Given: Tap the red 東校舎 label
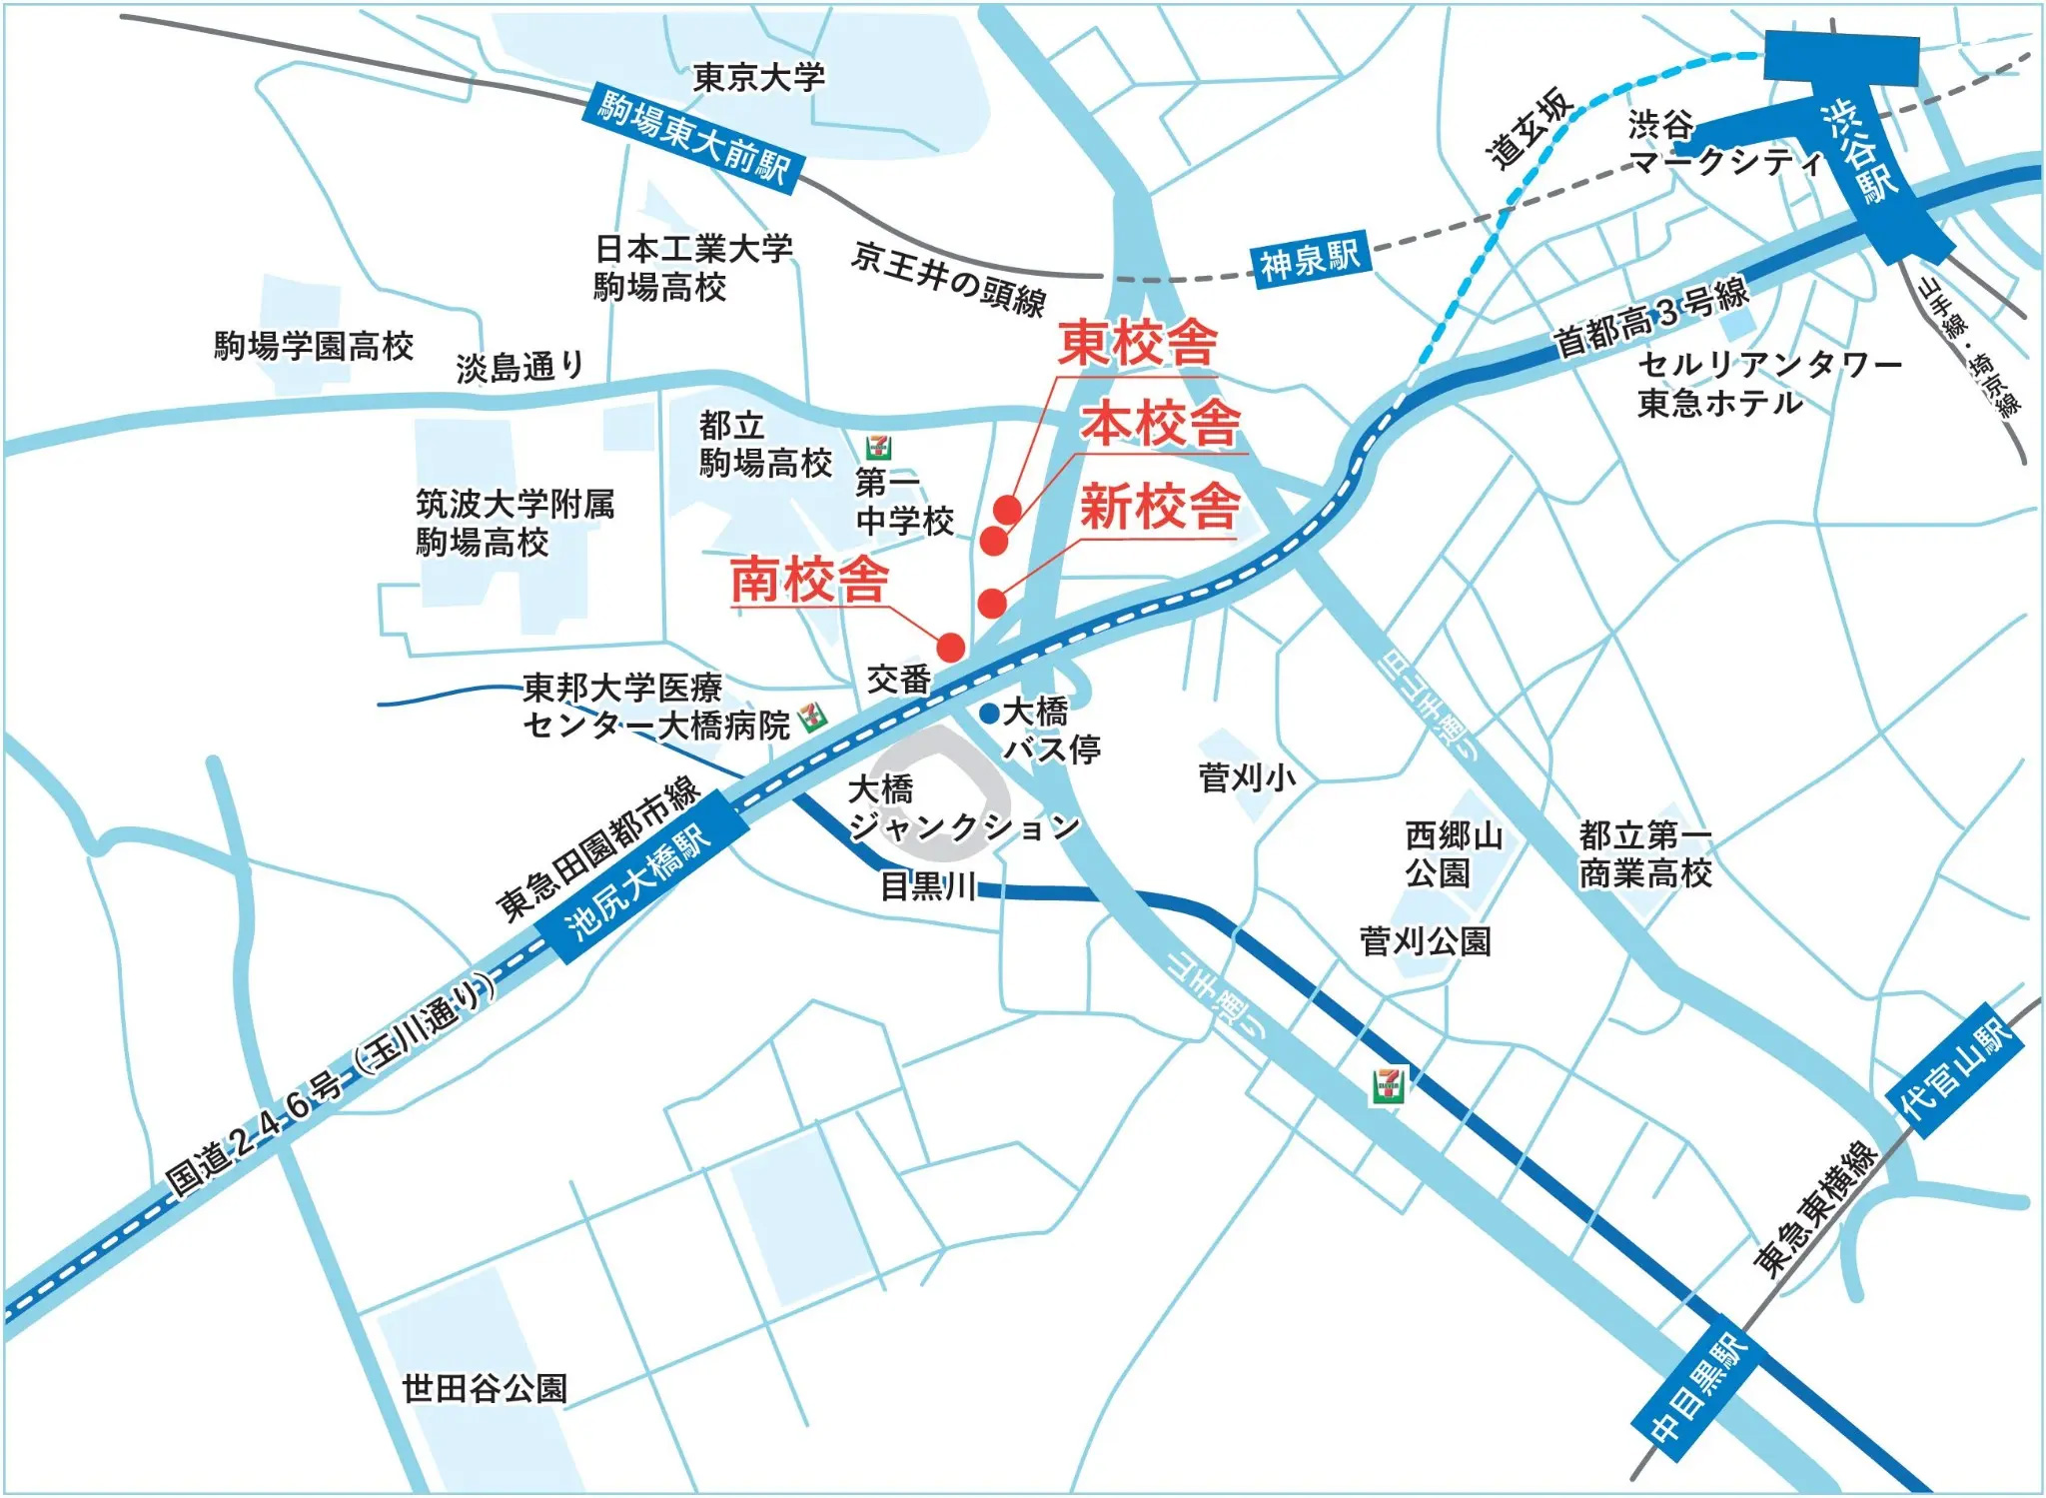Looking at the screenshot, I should (x=1138, y=344).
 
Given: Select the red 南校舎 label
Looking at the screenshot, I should (x=809, y=579).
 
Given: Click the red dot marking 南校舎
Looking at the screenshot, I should (x=950, y=648).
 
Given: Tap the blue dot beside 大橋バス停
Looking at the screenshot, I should (x=988, y=713).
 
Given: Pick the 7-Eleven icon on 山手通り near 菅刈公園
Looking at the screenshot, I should (x=1388, y=1084).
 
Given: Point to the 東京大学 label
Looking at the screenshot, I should (x=758, y=77).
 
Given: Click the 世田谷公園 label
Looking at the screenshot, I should (x=485, y=1387).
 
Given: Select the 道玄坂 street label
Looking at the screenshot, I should (x=1530, y=128).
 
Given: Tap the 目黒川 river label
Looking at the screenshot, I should (x=928, y=885).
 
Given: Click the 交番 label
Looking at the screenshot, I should (x=898, y=680).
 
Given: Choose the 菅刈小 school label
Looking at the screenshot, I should (x=1247, y=776).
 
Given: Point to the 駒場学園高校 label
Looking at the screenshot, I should (x=314, y=346).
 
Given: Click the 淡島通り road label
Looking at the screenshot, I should (x=520, y=367).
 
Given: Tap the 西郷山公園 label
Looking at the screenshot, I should (x=1453, y=853).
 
